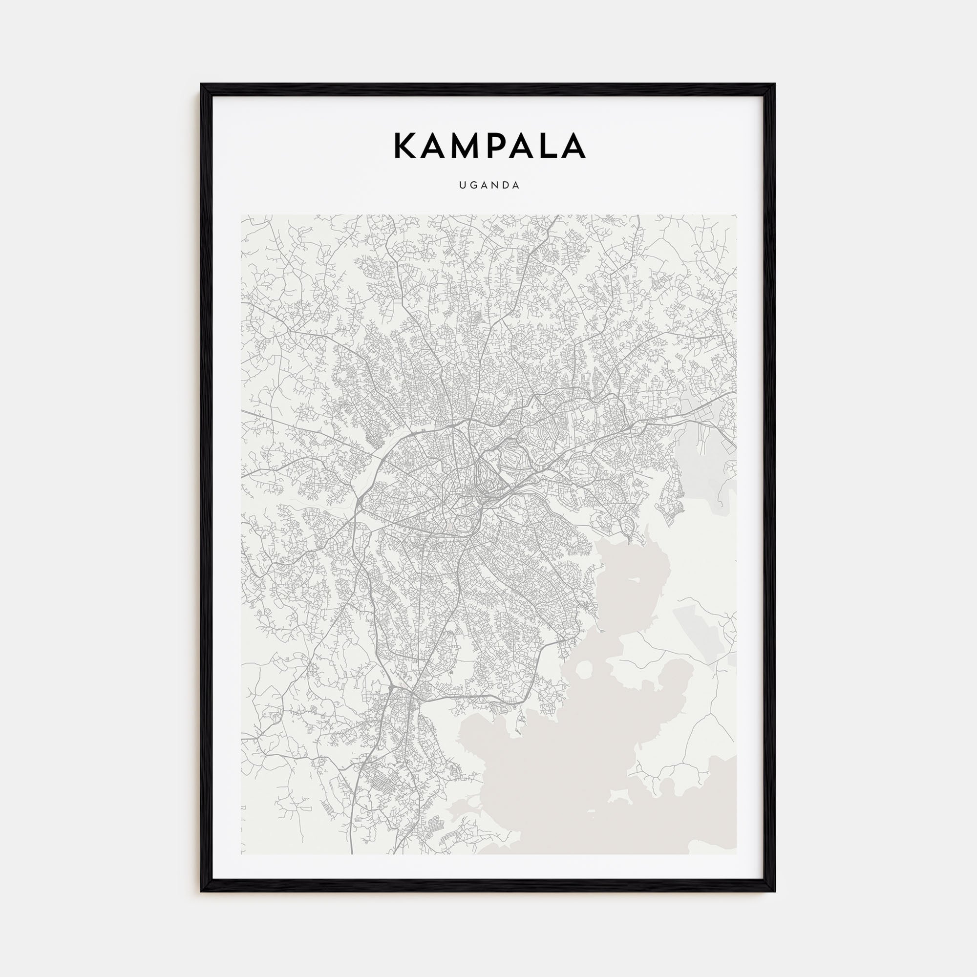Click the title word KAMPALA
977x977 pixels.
pyautogui.click(x=488, y=146)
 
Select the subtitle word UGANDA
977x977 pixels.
pyautogui.click(x=488, y=186)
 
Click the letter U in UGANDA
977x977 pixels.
pyautogui.click(x=462, y=186)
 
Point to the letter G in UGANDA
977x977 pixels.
pyautogui.click(x=473, y=186)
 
